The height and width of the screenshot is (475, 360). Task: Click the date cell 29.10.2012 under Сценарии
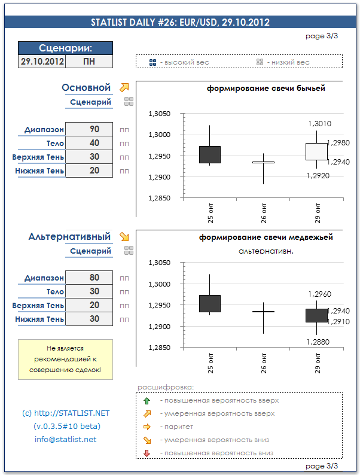point(42,62)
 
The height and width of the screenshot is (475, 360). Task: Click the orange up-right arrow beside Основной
point(124,87)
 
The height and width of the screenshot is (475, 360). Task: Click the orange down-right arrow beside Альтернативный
point(124,236)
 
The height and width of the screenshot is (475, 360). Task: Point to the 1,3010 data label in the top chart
point(319,123)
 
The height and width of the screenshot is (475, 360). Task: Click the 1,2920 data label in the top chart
point(318,176)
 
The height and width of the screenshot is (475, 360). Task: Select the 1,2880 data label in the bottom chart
point(318,342)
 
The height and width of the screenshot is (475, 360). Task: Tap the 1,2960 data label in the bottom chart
point(319,294)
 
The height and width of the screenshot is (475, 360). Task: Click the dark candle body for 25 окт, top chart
point(209,154)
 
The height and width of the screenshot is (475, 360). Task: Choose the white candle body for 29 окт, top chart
point(316,151)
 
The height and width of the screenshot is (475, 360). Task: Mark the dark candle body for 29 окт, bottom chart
point(316,315)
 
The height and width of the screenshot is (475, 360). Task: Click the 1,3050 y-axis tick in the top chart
point(158,114)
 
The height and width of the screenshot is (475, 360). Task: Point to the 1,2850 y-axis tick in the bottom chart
point(158,348)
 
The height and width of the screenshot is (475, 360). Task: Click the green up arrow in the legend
point(147,401)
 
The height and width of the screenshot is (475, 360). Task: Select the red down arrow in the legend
point(147,453)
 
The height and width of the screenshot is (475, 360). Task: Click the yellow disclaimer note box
point(65,360)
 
